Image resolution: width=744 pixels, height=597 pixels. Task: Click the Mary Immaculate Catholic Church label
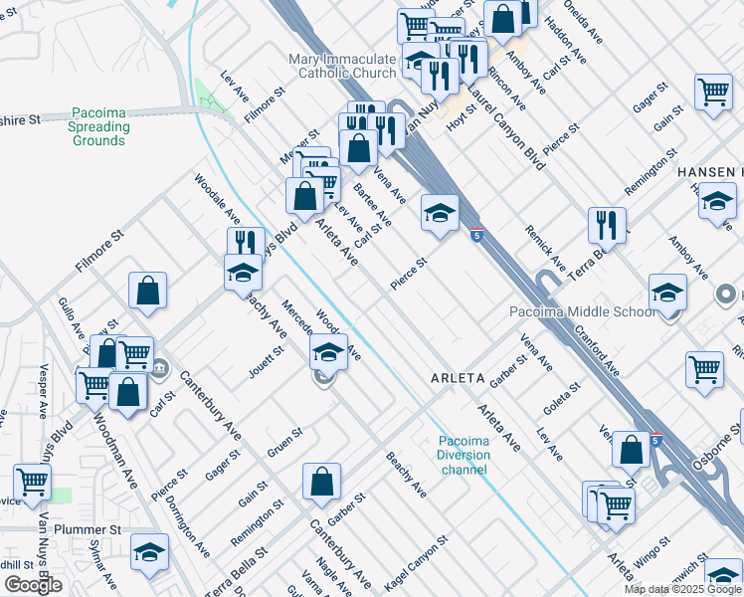pos(342,67)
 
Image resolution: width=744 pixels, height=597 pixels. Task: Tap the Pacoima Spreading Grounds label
pos(99,127)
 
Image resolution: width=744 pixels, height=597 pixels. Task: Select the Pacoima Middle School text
pos(582,311)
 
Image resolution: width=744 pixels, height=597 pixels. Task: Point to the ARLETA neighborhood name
pos(457,379)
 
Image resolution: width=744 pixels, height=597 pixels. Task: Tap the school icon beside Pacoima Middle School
pos(667,292)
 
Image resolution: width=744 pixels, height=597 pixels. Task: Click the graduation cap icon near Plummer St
pos(149,551)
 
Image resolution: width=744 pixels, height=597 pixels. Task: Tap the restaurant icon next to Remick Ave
pos(606,225)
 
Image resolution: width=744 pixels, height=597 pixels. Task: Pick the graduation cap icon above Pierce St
pos(439,212)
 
